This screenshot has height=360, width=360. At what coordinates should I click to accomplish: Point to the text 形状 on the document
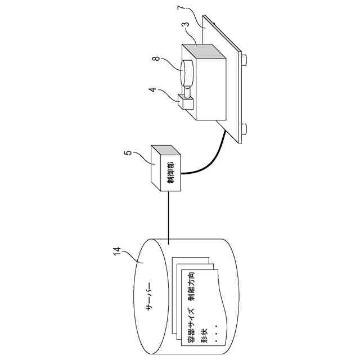point(206,335)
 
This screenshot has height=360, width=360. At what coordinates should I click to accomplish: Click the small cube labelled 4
point(184,103)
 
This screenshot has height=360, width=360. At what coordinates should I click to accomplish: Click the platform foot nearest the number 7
point(245,58)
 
